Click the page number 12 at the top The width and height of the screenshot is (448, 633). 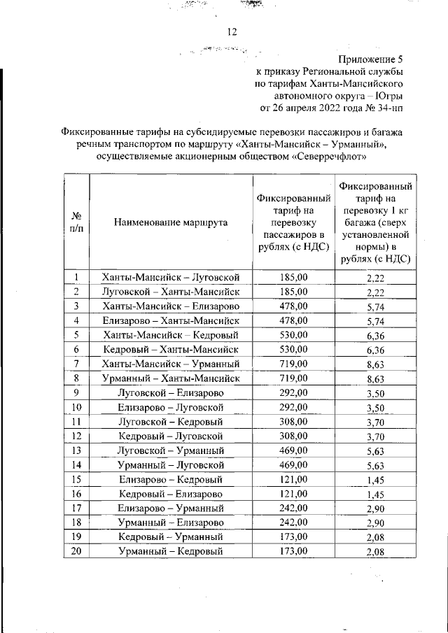(232, 31)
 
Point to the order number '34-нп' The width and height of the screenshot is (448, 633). (389, 108)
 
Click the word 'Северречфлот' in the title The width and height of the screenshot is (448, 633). (330, 157)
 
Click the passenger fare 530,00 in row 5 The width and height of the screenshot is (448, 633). (293, 334)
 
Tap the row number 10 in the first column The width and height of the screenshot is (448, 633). (77, 406)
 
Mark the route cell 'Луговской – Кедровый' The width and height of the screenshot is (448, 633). (171, 421)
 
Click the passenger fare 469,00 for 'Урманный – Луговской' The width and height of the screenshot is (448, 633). (293, 464)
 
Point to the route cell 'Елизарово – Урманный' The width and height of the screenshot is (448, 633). (171, 508)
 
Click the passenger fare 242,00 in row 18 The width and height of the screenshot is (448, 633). (293, 522)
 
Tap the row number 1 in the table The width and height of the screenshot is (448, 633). (77, 278)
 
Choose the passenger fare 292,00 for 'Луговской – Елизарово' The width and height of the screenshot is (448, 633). (293, 392)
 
